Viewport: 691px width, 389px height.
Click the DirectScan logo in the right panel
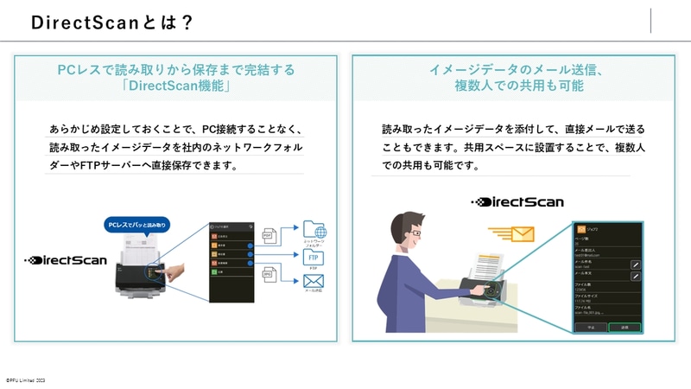[517, 202]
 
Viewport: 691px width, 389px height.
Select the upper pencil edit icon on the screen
[635, 264]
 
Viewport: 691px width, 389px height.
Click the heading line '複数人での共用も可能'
[519, 86]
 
